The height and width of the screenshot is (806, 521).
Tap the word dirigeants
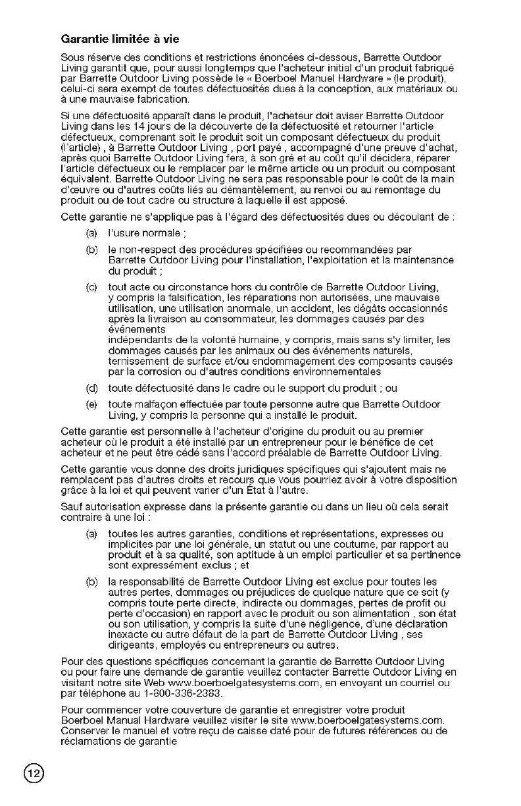pos(129,644)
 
